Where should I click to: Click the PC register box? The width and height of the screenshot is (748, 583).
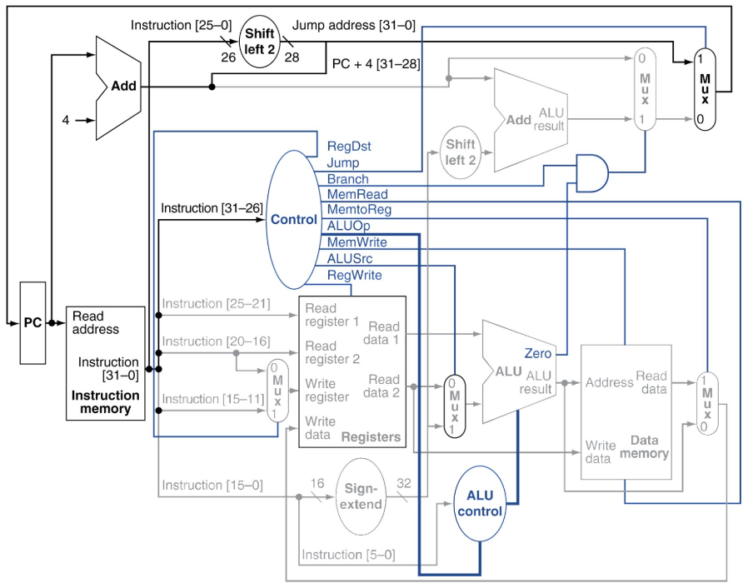click(x=33, y=323)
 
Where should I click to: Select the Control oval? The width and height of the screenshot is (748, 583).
click(x=293, y=220)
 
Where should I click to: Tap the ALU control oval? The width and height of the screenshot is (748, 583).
click(x=480, y=503)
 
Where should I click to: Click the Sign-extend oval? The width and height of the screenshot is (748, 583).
click(x=361, y=496)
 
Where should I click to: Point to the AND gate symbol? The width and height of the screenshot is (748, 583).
click(x=592, y=172)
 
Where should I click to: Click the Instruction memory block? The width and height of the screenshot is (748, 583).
click(x=106, y=363)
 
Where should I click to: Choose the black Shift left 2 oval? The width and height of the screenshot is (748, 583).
click(x=259, y=41)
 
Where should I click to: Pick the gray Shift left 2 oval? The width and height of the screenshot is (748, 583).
click(x=461, y=152)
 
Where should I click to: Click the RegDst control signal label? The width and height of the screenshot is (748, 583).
click(x=349, y=147)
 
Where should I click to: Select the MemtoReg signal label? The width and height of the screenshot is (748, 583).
click(x=359, y=209)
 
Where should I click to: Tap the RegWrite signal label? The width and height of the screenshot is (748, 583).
click(x=355, y=276)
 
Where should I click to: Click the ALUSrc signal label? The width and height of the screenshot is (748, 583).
click(x=350, y=258)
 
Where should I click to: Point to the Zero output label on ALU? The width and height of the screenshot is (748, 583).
click(x=537, y=353)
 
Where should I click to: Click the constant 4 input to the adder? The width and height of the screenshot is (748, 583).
click(x=66, y=120)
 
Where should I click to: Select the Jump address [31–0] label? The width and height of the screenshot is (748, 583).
click(x=353, y=25)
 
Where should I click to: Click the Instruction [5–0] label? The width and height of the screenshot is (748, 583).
click(x=348, y=555)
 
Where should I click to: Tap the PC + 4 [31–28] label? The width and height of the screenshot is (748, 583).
click(x=376, y=63)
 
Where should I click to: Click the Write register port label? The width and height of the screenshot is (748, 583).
click(x=327, y=391)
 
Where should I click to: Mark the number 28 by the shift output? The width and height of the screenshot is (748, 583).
click(x=292, y=57)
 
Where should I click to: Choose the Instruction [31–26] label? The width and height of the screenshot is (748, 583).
click(x=212, y=208)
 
